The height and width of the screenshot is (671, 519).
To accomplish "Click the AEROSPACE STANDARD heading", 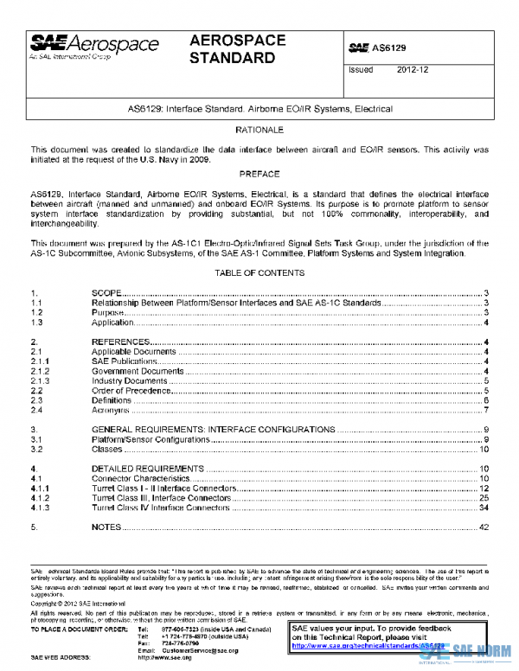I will pos(233,49).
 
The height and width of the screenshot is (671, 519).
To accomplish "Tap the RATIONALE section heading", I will pos(259,129).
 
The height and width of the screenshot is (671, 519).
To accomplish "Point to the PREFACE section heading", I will pos(259,174).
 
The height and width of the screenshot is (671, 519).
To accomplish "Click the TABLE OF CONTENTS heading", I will pos(259,273).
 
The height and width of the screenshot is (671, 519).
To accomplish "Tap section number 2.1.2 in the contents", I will pos(41,371).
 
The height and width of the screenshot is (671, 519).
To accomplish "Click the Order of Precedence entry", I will pos(129,390).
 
